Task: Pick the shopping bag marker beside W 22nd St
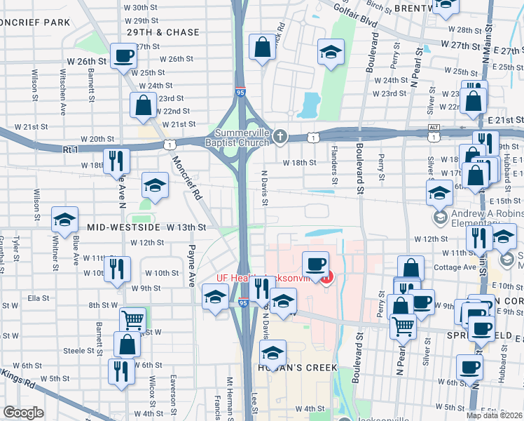[143, 106]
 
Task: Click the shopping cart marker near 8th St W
[132, 319]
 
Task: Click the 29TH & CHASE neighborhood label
[163, 32]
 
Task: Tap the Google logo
[22, 413]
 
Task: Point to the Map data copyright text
[495, 415]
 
